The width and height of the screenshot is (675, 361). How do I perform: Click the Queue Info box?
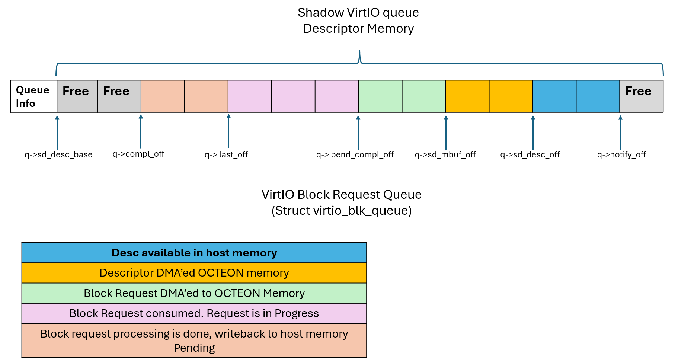point(33,96)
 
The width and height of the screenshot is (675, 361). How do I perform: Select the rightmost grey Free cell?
point(641,96)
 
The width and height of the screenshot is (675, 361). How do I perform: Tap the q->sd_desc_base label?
point(58,154)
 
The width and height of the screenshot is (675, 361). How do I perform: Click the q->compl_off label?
point(138,154)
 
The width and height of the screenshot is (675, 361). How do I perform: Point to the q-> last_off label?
point(226,154)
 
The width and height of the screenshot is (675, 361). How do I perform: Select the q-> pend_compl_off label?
point(355,154)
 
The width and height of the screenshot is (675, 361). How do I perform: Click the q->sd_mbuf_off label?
point(445,154)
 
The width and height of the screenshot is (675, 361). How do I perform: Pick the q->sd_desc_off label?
point(530,154)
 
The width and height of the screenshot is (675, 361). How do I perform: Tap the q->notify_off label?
point(621,154)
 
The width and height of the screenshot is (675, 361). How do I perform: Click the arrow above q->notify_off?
point(620,132)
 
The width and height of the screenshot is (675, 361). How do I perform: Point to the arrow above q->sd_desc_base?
point(57,132)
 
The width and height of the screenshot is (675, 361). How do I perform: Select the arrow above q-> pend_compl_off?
point(358,132)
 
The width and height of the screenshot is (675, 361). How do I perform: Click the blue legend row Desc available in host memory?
point(194,253)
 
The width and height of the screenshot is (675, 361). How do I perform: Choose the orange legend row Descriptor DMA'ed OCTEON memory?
point(194,273)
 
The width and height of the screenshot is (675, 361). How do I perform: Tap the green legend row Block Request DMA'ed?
point(194,293)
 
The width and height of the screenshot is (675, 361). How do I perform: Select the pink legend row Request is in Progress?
point(194,313)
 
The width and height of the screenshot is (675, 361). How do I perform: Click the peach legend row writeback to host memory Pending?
point(194,341)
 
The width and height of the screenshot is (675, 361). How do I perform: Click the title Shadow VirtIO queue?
point(358,13)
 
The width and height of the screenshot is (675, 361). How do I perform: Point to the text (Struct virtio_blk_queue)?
point(341,211)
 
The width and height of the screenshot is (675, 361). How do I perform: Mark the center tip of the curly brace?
point(359,51)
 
